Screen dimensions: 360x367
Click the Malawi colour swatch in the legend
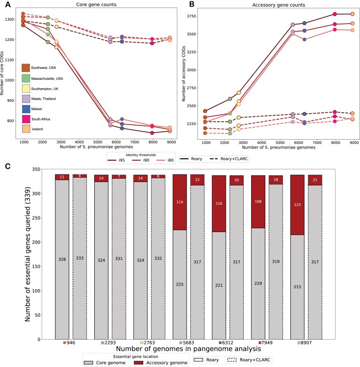click(x=26, y=109)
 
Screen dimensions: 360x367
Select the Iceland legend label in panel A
click(x=37, y=129)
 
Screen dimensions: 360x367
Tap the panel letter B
click(x=192, y=4)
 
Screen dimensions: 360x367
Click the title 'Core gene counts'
click(x=96, y=4)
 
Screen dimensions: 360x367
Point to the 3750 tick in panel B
click(x=191, y=16)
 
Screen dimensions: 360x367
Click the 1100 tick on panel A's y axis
click(x=9, y=60)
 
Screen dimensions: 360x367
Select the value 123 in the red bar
click(x=297, y=205)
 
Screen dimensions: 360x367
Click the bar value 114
click(x=180, y=202)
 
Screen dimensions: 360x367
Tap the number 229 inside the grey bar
click(x=258, y=284)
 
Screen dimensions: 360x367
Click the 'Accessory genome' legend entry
click(x=161, y=363)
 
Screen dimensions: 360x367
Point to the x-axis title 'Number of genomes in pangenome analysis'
click(x=188, y=349)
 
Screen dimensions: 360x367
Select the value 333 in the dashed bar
click(x=80, y=258)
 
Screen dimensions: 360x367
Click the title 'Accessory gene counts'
click(x=278, y=5)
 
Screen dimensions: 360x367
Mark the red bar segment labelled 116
click(x=219, y=204)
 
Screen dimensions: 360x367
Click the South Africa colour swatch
click(x=26, y=119)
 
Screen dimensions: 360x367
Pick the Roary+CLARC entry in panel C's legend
click(x=249, y=360)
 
